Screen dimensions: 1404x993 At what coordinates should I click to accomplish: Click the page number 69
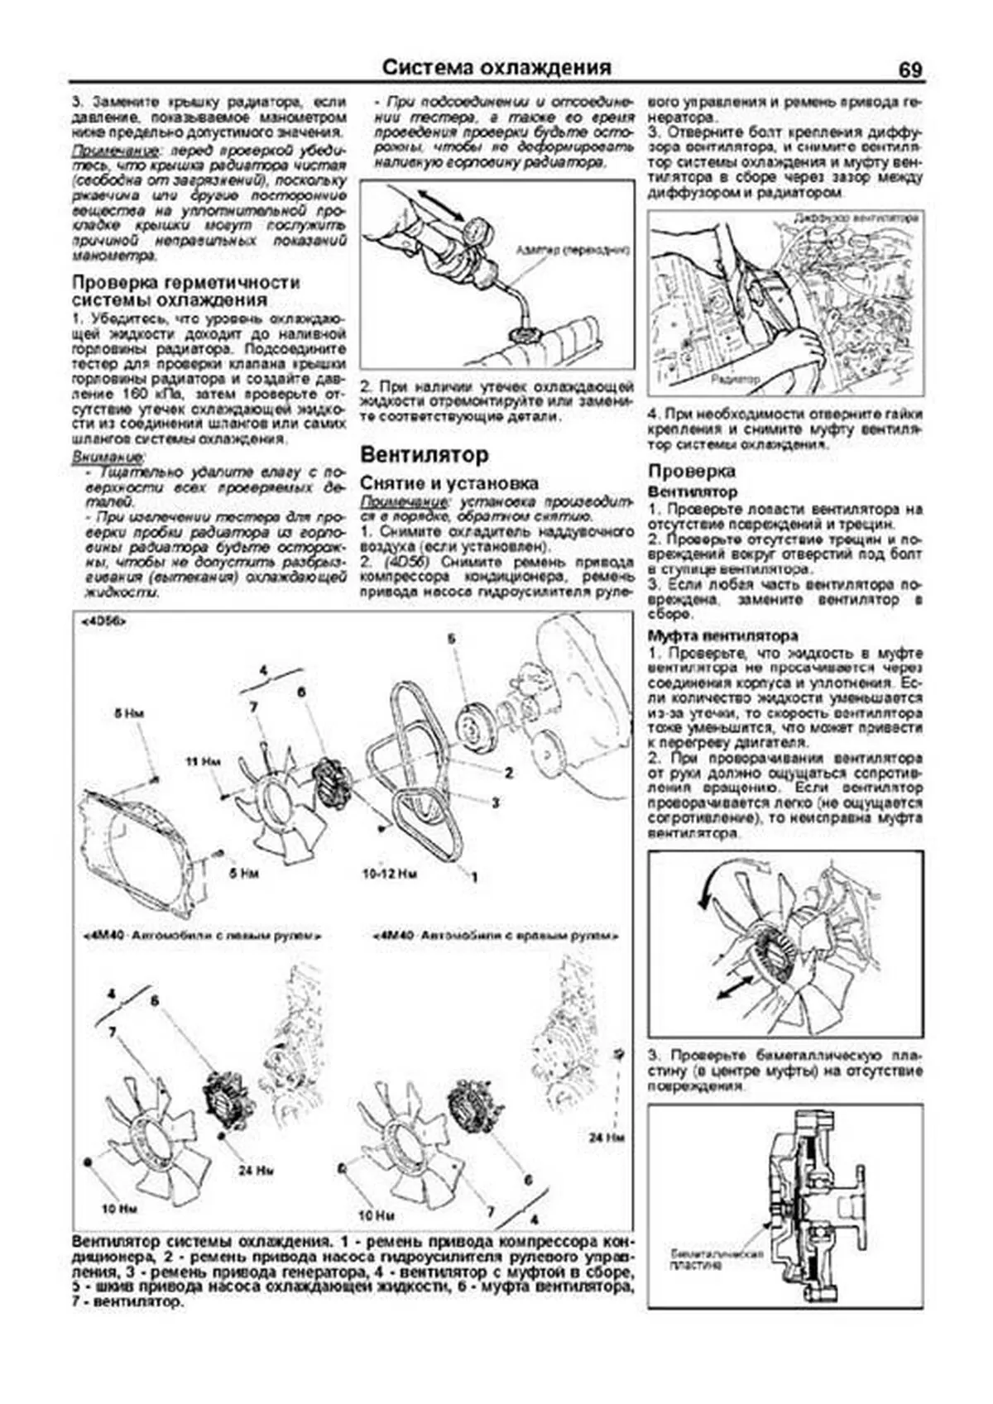(909, 70)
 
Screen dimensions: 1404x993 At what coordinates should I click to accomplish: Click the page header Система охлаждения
(496, 68)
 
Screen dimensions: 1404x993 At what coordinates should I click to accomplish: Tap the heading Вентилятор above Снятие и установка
(425, 454)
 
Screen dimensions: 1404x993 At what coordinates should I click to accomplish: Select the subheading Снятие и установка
(449, 482)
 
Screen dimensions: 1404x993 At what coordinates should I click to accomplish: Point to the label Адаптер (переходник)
(572, 249)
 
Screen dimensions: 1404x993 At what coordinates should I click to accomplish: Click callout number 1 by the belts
(474, 876)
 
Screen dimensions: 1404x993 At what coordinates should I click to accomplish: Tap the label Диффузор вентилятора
(855, 218)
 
